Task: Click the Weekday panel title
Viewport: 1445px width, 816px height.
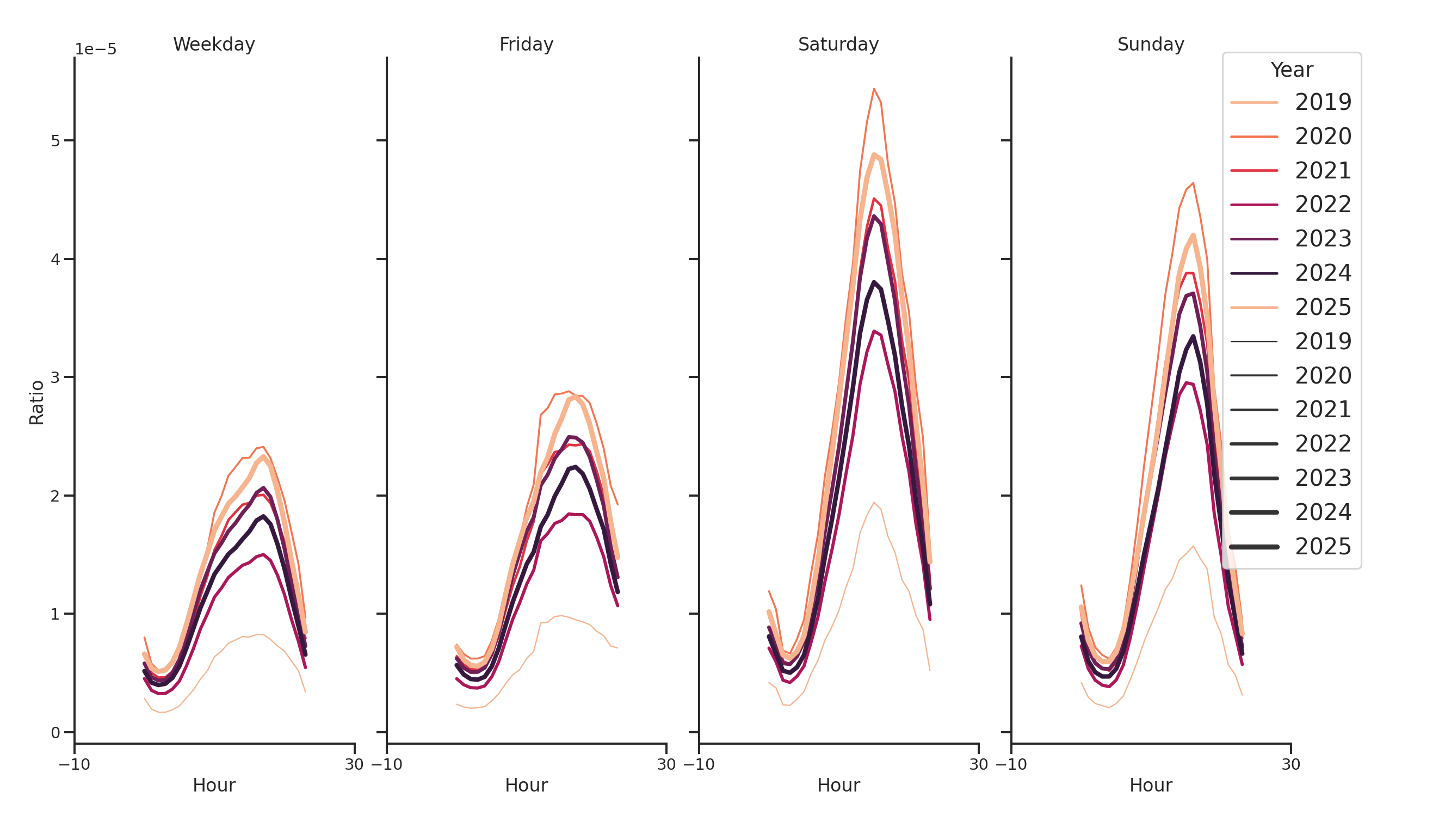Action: click(214, 44)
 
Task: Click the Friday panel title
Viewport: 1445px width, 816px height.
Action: click(526, 44)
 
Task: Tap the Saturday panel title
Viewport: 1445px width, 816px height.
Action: click(838, 44)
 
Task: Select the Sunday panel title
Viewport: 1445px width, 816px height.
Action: click(1151, 44)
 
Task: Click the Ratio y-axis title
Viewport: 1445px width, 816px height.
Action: click(36, 402)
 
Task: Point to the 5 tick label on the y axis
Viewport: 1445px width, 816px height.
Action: click(55, 141)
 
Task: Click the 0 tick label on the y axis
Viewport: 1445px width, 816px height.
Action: click(55, 733)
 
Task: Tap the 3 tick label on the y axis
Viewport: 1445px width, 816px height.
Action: click(55, 378)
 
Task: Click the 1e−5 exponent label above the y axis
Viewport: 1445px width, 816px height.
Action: click(96, 50)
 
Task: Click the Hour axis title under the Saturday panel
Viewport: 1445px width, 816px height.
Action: click(838, 785)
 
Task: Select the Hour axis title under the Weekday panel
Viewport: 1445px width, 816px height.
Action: click(214, 785)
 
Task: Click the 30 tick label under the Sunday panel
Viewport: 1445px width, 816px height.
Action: click(1290, 764)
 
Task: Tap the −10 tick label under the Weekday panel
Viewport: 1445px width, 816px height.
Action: click(74, 764)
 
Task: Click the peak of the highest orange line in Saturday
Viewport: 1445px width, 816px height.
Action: click(874, 89)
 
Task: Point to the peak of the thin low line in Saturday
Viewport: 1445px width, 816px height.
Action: click(874, 503)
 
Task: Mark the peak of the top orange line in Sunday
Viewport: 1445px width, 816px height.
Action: click(1193, 183)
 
